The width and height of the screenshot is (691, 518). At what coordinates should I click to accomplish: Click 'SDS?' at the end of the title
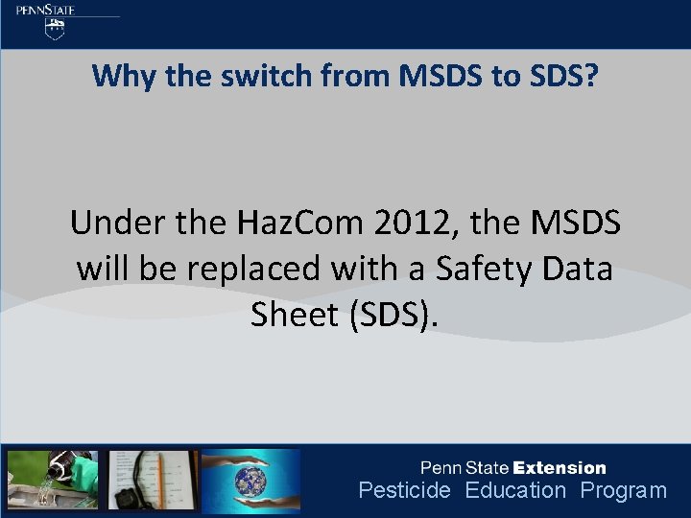(x=560, y=75)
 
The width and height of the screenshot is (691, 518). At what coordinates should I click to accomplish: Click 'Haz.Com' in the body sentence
(x=294, y=224)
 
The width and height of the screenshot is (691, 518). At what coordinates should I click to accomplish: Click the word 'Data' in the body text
(x=577, y=269)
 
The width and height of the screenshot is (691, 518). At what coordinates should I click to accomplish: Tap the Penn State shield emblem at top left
(x=57, y=29)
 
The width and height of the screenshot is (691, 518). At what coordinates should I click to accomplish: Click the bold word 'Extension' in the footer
(x=560, y=468)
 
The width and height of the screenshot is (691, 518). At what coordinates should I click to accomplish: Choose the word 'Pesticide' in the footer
(x=404, y=491)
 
